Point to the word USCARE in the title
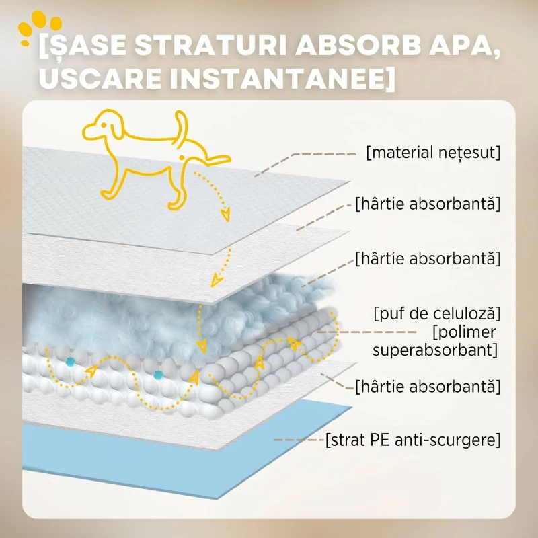click(x=100, y=78)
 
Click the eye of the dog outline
click(x=104, y=125)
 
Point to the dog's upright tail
click(x=182, y=125)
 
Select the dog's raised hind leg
click(x=208, y=159)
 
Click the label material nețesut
click(x=433, y=153)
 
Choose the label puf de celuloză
click(x=436, y=313)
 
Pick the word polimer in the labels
click(x=464, y=332)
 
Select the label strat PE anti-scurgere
click(x=413, y=440)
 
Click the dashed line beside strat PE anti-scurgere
click(x=299, y=440)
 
